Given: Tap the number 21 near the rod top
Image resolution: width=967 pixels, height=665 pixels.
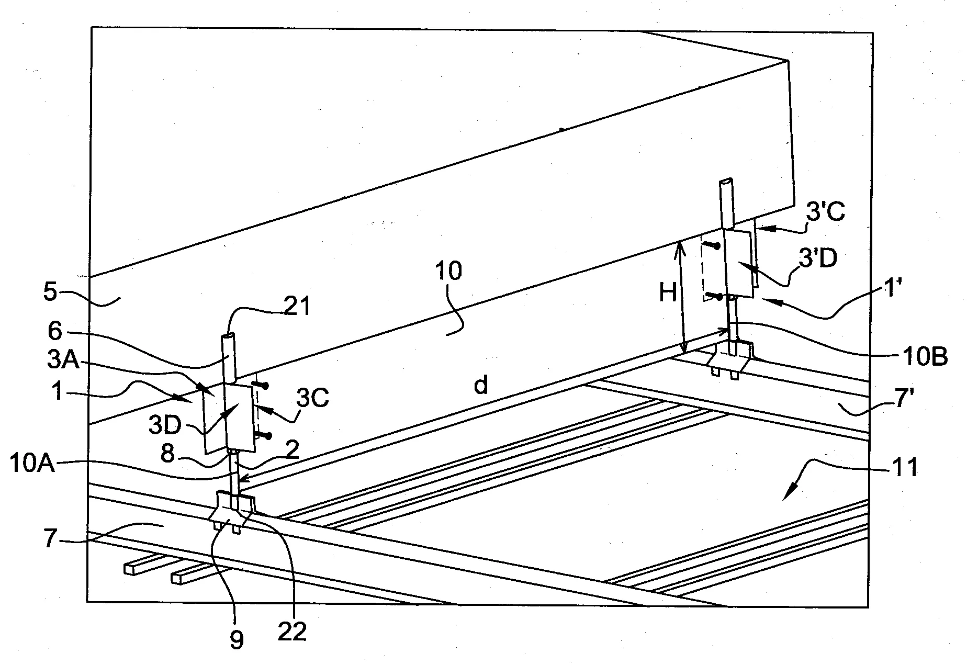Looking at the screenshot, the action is [298, 307].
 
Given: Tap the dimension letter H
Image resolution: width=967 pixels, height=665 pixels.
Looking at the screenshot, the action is [668, 294].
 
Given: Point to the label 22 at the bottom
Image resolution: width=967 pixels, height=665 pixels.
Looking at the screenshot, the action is [292, 632].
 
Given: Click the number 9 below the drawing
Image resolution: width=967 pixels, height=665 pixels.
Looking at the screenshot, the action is [237, 640].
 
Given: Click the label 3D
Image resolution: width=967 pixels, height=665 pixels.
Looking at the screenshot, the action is [165, 424].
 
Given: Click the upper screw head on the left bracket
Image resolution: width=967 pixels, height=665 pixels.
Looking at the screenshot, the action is [266, 386].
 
